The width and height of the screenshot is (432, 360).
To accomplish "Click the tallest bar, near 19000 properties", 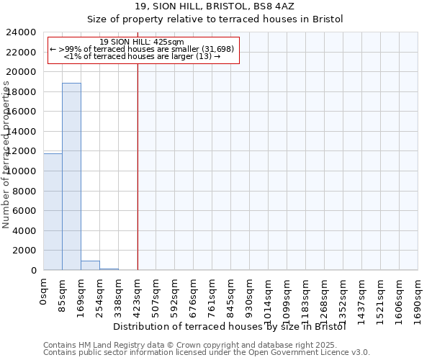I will [71, 176].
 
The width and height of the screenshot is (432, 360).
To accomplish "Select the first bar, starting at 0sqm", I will [53, 212].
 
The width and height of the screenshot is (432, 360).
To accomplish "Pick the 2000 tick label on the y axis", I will [24, 251].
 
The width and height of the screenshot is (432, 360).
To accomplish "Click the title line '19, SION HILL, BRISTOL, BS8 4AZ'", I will [216, 6].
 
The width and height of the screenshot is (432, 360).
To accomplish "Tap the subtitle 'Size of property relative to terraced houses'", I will [216, 19].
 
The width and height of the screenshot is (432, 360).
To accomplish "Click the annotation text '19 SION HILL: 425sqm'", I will [142, 42].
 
